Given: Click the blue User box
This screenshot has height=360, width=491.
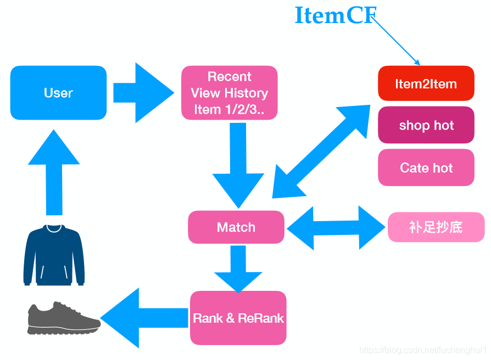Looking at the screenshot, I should pyautogui.click(x=58, y=93).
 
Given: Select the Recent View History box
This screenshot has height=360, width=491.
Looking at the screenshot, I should pyautogui.click(x=230, y=93).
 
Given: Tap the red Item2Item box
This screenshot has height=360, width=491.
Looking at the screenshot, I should pyautogui.click(x=426, y=83).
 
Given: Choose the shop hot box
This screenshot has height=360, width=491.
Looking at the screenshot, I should pyautogui.click(x=426, y=125).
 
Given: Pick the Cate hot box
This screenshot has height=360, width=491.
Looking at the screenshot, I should pyautogui.click(x=426, y=167).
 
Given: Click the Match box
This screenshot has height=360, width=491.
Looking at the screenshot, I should pyautogui.click(x=236, y=227).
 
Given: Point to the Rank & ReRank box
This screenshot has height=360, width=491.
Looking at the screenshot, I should pyautogui.click(x=238, y=318).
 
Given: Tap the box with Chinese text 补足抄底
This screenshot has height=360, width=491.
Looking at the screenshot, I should pyautogui.click(x=436, y=227).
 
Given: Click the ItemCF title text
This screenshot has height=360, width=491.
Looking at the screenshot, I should pyautogui.click(x=335, y=15).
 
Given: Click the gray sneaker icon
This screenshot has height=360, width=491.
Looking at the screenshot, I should pyautogui.click(x=63, y=318).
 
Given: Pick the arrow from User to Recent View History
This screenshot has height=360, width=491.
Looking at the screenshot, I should pyautogui.click(x=143, y=93).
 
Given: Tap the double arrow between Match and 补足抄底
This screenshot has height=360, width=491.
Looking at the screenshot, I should pyautogui.click(x=336, y=227).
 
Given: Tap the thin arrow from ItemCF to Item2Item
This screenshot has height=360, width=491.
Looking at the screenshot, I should pyautogui.click(x=397, y=41).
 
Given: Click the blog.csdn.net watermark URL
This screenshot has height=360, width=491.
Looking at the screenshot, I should pyautogui.click(x=423, y=350).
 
